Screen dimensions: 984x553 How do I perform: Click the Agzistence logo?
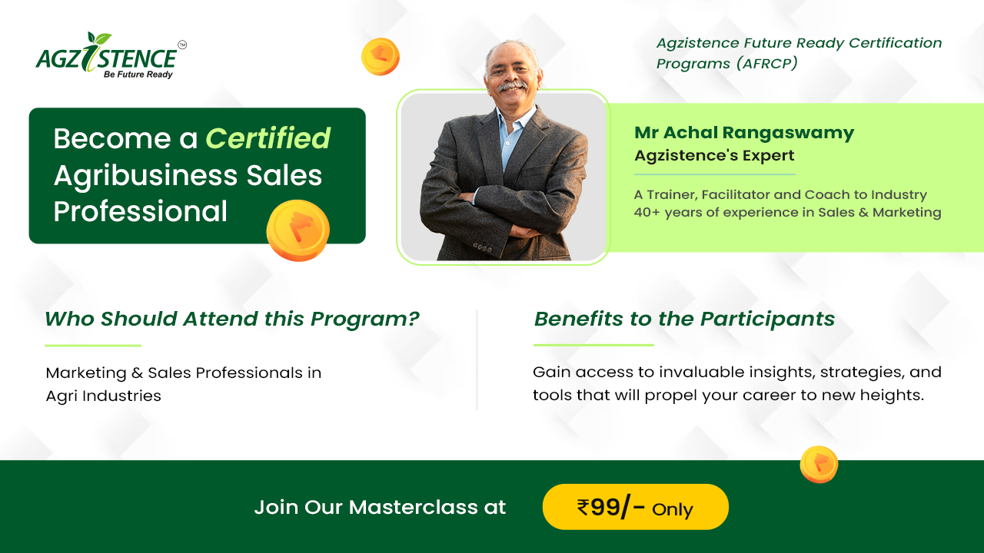111,55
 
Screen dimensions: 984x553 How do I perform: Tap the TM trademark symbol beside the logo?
182,45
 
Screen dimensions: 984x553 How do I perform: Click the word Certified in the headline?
268,138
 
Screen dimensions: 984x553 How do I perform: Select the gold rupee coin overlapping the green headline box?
298,230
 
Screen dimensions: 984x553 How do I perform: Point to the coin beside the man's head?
381,57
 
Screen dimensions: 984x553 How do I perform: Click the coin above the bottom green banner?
819,465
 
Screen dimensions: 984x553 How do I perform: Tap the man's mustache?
512,85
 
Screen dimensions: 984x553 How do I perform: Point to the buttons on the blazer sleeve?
482,248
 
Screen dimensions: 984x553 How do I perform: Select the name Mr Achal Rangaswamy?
744,133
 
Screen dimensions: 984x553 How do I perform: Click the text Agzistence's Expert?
714,155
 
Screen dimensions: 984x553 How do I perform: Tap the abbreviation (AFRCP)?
767,64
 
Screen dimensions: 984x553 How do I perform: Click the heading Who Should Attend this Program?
232,319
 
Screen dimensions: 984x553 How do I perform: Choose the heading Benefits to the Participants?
684,319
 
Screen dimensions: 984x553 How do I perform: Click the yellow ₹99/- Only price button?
636,507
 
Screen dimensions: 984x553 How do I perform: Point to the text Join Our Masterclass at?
380,508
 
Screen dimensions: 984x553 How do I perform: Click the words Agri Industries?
103,396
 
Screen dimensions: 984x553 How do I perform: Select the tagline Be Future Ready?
138,75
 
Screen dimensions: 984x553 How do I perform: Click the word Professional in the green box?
141,211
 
